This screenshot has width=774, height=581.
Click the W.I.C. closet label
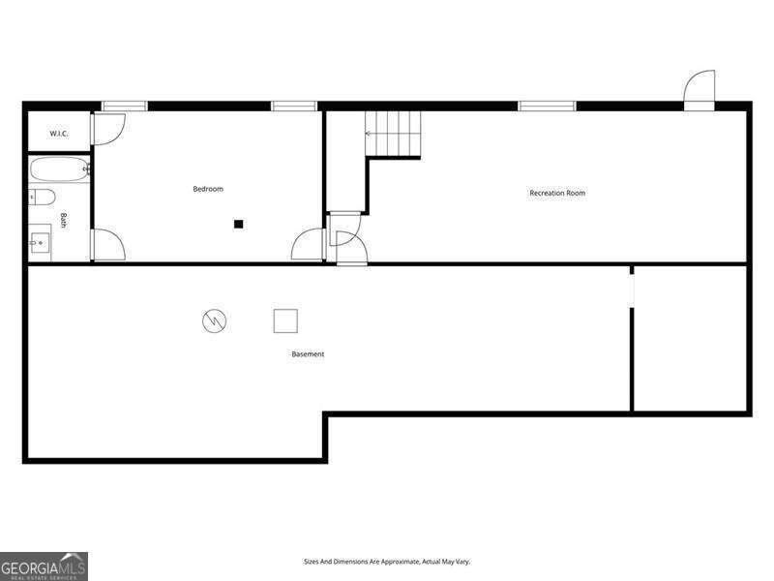click(57, 133)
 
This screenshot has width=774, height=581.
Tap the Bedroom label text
click(208, 189)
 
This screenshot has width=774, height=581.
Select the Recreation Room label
click(557, 193)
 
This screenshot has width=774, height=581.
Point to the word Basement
click(308, 354)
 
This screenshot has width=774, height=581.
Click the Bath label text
click(64, 220)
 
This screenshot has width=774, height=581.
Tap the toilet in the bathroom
click(42, 199)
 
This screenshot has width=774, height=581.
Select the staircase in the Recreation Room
click(393, 134)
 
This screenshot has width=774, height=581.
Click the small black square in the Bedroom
click(238, 224)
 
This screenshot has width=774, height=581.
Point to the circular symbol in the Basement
click(214, 321)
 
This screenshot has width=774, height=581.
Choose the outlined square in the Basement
click(285, 321)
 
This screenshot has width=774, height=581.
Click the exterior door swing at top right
click(699, 89)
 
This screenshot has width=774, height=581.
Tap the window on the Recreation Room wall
click(547, 106)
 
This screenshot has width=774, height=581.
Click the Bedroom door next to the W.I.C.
click(108, 129)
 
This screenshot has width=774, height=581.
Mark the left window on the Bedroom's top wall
click(125, 106)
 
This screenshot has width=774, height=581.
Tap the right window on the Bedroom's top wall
click(294, 106)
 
